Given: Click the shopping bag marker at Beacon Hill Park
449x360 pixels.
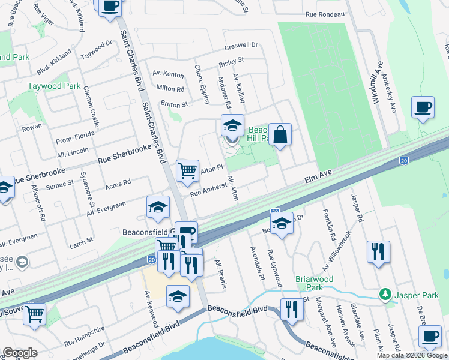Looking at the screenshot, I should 280,135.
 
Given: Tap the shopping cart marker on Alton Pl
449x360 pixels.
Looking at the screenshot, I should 188,170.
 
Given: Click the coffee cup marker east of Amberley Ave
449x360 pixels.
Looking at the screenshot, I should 423,107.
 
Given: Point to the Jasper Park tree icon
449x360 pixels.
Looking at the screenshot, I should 384,295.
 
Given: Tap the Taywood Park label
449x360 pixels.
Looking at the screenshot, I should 54,86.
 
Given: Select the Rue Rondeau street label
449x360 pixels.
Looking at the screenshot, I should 325,14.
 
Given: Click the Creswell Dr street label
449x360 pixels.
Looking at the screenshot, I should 241,46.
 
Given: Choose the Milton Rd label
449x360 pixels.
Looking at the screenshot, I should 170,89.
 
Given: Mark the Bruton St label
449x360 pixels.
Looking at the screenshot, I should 175,104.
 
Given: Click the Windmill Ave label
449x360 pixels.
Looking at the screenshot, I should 377,83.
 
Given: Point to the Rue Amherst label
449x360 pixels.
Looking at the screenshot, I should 206,190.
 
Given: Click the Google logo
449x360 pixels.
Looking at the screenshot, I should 20,353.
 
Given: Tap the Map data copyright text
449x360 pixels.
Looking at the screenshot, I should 412,355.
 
